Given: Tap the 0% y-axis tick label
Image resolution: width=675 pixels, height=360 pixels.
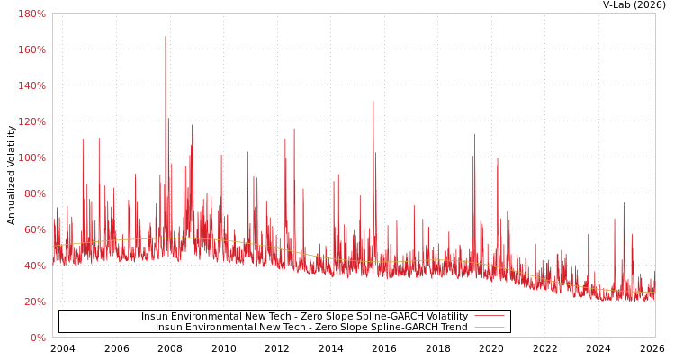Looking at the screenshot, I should (38, 337).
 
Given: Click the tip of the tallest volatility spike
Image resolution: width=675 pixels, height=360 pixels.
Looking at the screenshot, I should (165, 37).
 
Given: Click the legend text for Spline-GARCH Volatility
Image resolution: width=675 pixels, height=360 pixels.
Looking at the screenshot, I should (304, 317).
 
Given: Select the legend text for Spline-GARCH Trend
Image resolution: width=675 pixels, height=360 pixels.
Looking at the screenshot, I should (311, 328).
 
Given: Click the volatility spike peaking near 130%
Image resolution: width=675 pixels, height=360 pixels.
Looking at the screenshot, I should (373, 102).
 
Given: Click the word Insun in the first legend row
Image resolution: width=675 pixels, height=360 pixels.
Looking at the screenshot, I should (154, 317).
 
